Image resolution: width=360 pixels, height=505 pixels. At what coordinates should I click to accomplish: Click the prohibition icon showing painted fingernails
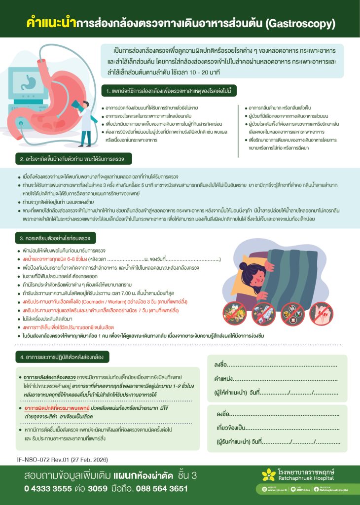[x=322, y=312]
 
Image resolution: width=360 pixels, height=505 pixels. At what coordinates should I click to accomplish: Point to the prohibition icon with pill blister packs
[x=292, y=312]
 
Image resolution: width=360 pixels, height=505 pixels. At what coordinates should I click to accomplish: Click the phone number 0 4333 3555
[x=47, y=489]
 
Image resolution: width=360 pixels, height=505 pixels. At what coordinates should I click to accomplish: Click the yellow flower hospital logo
[x=268, y=475]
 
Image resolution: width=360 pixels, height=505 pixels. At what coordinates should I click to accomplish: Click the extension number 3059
[x=97, y=489]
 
